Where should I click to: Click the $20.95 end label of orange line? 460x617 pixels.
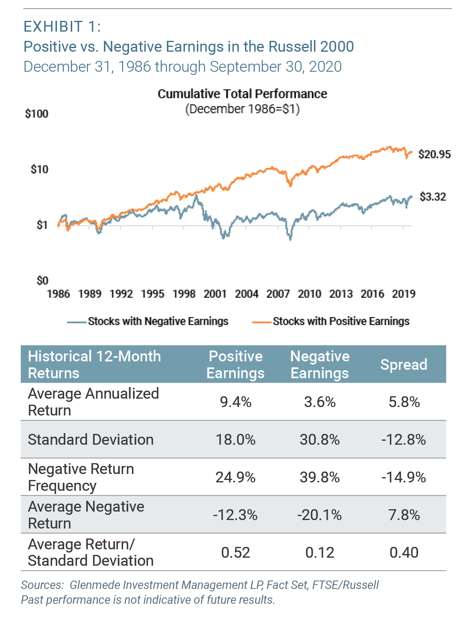434,154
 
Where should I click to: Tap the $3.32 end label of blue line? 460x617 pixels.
432,197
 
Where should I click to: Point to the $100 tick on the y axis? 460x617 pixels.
36,114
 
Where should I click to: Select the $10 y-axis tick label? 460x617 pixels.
39,169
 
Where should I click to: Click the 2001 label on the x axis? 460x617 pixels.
215,294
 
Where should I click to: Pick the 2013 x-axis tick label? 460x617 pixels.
340,294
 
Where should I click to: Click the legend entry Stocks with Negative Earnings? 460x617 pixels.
158,321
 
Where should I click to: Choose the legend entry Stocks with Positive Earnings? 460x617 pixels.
341,321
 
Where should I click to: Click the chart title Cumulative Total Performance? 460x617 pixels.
242,94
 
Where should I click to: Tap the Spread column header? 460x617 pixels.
403,365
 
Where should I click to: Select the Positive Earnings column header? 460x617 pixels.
235,365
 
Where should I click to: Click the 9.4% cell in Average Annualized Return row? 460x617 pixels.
235,402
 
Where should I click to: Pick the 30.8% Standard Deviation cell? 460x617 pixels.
320,440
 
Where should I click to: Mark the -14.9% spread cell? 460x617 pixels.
403,477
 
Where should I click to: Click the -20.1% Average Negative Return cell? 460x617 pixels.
320,515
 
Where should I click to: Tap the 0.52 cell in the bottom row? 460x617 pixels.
235,552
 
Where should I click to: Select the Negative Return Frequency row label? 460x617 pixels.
81,477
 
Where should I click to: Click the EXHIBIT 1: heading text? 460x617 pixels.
62,27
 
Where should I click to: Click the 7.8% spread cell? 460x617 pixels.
403,515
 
